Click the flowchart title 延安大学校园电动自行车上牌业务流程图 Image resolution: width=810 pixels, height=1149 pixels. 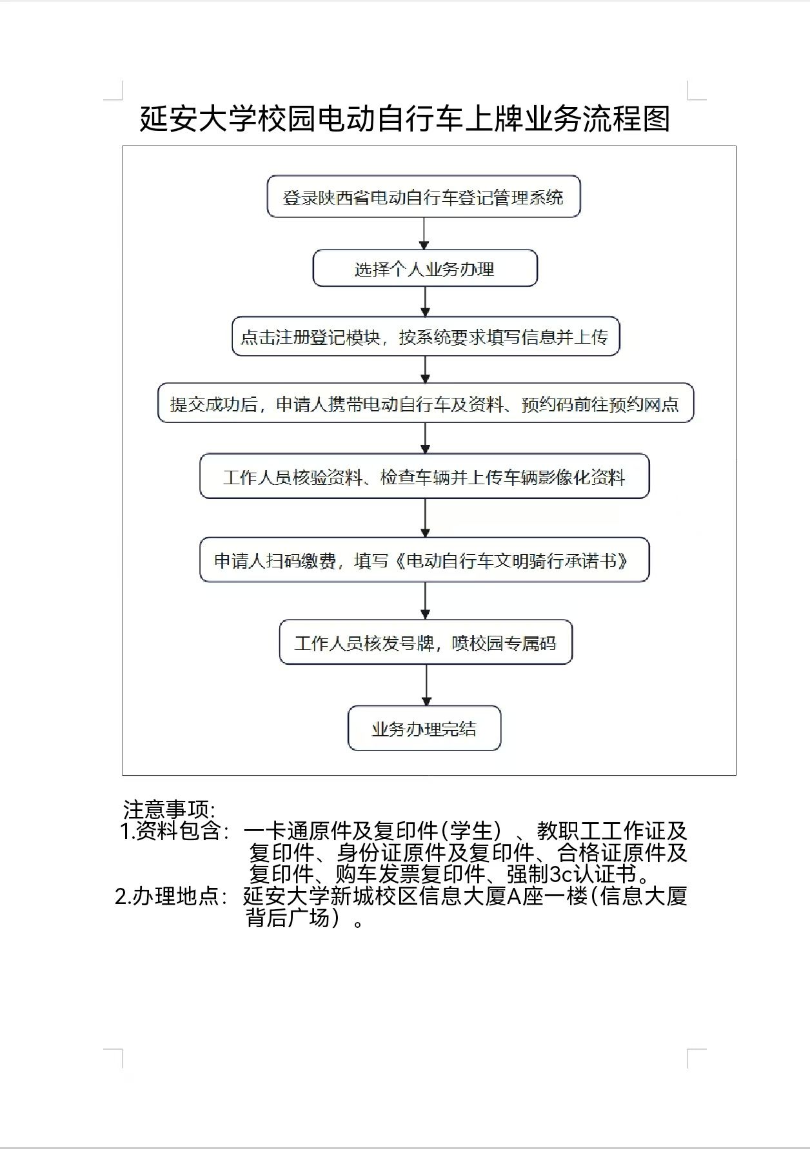click(x=405, y=119)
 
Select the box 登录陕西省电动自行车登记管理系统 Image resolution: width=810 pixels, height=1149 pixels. click(x=424, y=197)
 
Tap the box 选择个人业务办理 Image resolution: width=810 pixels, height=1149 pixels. click(x=424, y=268)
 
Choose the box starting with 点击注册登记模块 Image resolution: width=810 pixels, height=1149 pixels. click(x=425, y=337)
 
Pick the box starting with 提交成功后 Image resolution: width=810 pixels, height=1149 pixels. click(x=425, y=404)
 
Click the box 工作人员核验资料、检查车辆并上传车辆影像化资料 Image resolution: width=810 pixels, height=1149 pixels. click(x=424, y=477)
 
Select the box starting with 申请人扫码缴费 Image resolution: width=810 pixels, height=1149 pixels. click(x=424, y=560)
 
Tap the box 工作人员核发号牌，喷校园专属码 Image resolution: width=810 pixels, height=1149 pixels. click(x=425, y=643)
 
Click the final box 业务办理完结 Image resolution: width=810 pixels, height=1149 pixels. click(x=424, y=729)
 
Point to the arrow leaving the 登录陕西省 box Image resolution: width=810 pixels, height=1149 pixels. click(x=424, y=233)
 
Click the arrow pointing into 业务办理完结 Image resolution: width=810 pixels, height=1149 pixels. click(x=426, y=685)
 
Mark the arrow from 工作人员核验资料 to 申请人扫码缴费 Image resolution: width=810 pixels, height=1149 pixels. click(x=425, y=518)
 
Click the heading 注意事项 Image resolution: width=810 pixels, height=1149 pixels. click(x=169, y=809)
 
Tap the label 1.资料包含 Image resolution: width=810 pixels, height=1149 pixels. click(x=175, y=831)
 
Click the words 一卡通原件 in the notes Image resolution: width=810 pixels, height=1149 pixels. click(x=297, y=831)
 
